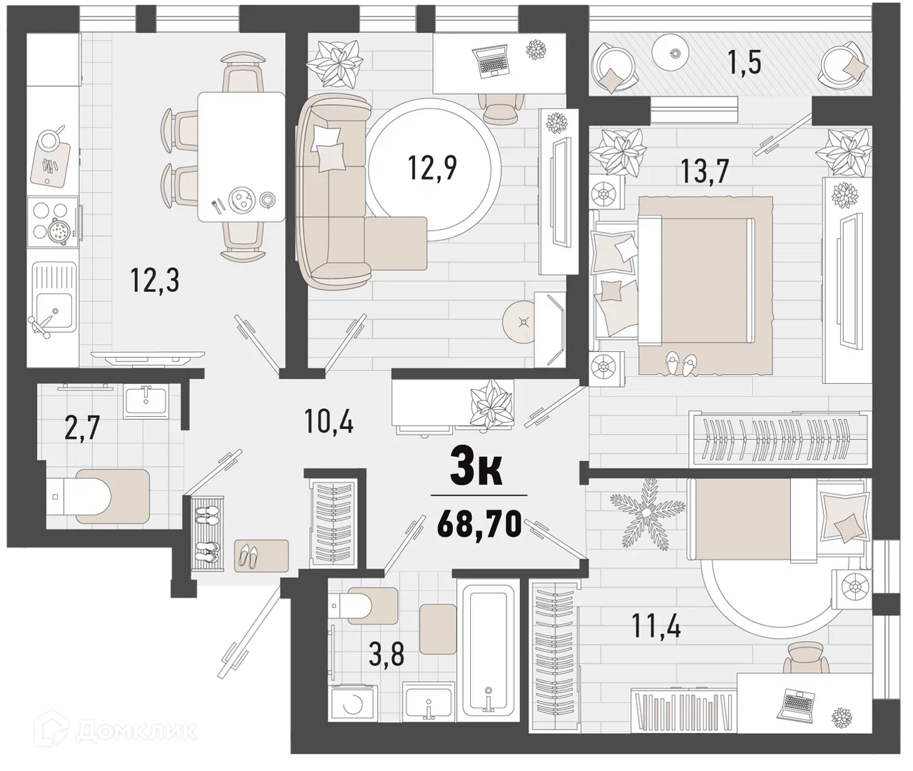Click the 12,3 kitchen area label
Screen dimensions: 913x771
tap(155, 280)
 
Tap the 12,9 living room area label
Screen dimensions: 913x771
tap(432, 168)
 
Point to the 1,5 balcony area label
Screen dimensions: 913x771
tap(744, 63)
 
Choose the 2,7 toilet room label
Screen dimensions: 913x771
tap(82, 427)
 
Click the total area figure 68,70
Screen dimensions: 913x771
tap(479, 524)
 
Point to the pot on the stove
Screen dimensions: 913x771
tap(58, 230)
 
